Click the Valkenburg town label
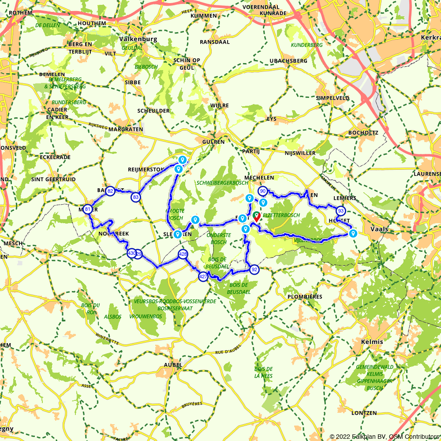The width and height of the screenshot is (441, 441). pos(138,39)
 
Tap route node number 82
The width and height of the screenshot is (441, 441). pos(110,191)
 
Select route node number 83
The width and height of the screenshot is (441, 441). pos(136,197)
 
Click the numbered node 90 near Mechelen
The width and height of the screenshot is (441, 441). pos(263,191)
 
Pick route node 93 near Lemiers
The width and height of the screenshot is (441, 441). pos(340,211)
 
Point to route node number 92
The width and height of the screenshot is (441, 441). pos(254,269)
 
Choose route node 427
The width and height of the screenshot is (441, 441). pos(203,277)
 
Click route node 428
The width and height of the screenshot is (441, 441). pos(183,254)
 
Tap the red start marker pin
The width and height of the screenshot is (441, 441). pos(256,217)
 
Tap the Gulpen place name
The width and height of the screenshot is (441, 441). pos(213,142)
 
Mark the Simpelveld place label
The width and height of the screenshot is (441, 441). pos(333,98)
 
